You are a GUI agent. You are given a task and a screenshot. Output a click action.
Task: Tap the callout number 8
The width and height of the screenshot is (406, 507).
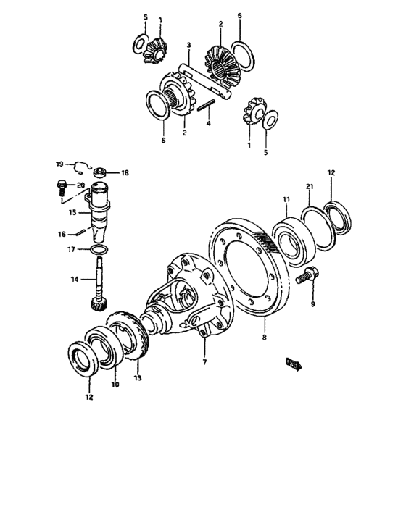point(265,337)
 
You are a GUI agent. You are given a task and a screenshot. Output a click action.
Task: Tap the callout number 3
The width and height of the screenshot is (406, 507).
point(188,46)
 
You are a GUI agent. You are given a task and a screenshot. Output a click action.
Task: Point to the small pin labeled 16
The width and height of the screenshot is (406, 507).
point(81,232)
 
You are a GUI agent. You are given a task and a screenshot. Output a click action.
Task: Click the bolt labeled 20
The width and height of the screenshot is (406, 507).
point(61,188)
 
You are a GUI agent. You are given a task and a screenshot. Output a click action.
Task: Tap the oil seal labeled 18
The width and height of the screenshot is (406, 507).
point(99,172)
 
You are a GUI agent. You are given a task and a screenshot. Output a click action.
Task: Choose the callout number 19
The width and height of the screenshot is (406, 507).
point(60,163)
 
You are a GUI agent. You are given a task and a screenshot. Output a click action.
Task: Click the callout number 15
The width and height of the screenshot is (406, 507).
point(72,213)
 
